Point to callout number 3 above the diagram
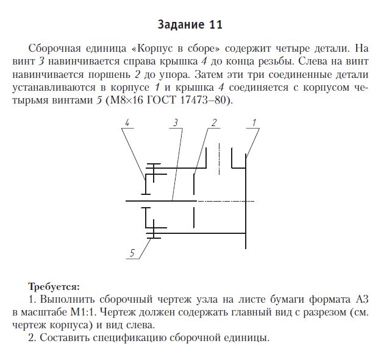click(x=176, y=122)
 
